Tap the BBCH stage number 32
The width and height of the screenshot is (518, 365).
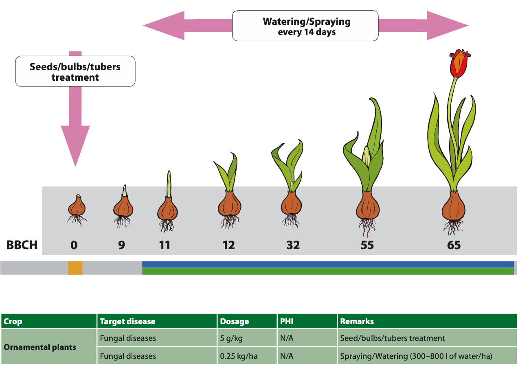[293, 245]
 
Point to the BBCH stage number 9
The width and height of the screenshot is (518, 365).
[121, 245]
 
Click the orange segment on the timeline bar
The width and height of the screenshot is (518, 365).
[75, 268]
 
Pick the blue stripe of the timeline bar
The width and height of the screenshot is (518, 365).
[328, 264]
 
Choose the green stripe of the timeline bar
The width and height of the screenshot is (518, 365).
[328, 272]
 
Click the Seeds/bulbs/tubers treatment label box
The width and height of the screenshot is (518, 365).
[75, 71]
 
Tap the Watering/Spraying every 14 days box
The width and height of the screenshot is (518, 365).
[305, 26]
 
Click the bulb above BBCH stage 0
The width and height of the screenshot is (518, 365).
[77, 207]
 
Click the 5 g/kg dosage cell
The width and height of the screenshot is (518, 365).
[247, 338]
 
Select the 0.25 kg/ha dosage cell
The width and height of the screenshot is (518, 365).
[247, 356]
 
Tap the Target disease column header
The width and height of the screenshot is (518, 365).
[157, 321]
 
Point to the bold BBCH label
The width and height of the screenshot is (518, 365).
[22, 245]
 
